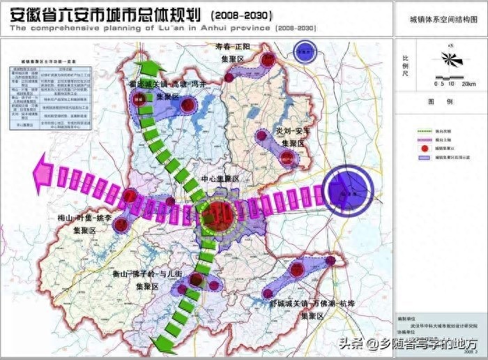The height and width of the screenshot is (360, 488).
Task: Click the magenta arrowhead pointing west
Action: (44, 170)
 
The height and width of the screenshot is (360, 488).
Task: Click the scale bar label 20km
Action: (468, 84)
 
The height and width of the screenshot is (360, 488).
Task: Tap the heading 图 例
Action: (441, 102)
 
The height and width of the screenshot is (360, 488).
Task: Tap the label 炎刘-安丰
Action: (291, 132)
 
